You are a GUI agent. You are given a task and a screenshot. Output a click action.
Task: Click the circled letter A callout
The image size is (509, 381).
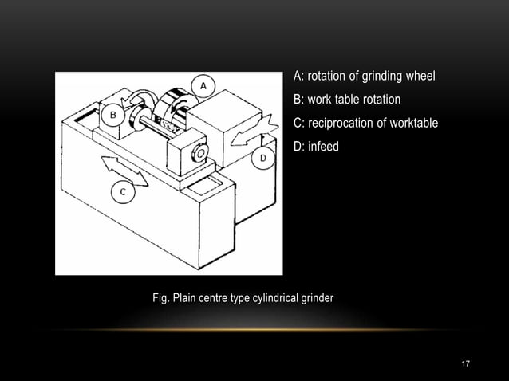203,84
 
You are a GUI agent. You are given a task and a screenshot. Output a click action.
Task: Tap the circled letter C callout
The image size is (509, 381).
122,191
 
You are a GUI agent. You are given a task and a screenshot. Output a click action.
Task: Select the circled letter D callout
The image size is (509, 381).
262,159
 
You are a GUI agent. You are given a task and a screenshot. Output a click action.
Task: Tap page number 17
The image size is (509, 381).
467,363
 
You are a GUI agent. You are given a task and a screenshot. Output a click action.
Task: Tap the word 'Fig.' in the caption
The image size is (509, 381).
162,298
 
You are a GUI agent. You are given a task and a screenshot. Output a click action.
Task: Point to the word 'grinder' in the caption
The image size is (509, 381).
317,298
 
